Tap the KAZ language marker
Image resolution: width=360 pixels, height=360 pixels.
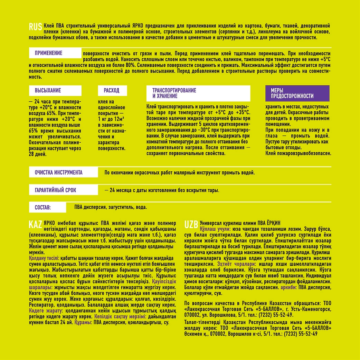point(36,225)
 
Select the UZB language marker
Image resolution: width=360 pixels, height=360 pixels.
point(191,225)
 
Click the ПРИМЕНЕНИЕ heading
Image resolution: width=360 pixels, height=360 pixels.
point(49,53)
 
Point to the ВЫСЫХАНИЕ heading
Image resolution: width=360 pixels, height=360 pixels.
point(48,91)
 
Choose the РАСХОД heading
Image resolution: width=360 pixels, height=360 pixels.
point(112,91)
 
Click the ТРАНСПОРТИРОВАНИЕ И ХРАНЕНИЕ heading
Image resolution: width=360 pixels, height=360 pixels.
point(174,93)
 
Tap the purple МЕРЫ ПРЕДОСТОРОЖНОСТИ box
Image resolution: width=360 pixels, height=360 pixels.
point(292,93)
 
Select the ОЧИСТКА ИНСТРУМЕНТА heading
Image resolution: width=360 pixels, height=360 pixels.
point(59,172)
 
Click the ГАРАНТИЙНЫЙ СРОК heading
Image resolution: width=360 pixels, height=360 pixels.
point(55,190)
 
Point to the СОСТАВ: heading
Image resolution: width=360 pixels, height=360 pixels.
point(43,207)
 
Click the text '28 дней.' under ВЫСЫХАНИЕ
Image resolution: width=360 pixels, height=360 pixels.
point(38,154)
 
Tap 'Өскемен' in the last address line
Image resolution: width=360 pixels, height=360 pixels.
point(194,334)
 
